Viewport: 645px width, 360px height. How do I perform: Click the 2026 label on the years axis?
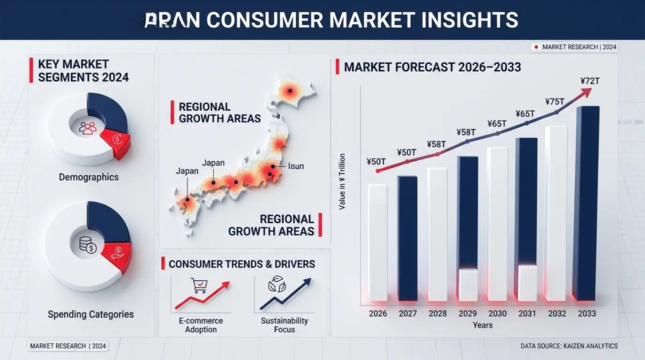[378, 314]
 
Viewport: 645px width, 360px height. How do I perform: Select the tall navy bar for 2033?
[588, 203]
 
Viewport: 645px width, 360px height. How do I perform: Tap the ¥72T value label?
[590, 81]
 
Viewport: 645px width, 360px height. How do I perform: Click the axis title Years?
[483, 325]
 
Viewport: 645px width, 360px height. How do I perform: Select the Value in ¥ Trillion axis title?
[342, 181]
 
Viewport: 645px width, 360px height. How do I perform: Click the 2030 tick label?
[497, 314]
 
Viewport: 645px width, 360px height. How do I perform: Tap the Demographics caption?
[89, 177]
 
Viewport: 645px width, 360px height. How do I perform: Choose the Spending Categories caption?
[90, 315]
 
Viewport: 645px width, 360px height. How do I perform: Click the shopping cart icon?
[199, 285]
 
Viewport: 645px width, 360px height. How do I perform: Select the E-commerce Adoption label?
[201, 325]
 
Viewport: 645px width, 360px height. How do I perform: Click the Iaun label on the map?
[296, 166]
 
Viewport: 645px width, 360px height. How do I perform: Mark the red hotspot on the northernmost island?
[290, 91]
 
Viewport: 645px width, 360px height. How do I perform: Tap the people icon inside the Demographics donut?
[88, 127]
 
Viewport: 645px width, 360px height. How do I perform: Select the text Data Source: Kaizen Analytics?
[569, 346]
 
